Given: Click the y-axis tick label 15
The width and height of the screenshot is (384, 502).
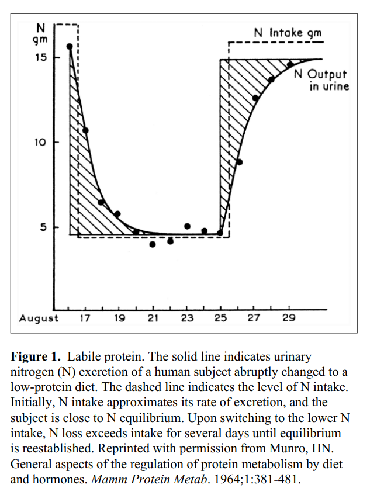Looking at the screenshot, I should coord(41,58).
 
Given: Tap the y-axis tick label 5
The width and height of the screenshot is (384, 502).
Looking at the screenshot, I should coord(43,227).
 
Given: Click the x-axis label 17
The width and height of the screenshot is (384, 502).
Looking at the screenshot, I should coord(85,318).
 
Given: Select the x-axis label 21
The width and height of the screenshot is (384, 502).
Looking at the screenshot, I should coord(153,318).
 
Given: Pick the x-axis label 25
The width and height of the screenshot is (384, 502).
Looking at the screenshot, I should coord(220,318).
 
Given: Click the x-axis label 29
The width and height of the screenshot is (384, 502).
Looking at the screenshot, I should coord(288,318).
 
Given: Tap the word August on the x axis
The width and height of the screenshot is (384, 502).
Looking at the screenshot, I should coord(39,318).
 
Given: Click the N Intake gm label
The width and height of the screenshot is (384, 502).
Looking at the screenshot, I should coord(288,33).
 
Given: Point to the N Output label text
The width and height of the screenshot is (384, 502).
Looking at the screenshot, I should coord(320,75).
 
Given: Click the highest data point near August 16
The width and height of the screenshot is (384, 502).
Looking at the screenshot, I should coord(70,46).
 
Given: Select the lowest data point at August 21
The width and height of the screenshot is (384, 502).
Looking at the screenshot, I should coord(153,244).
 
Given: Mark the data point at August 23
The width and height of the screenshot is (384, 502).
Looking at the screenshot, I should coord(187,226).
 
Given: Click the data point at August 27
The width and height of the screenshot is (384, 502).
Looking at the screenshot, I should coord(255,98).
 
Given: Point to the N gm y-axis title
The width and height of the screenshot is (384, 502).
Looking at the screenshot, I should coord(40,34).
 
